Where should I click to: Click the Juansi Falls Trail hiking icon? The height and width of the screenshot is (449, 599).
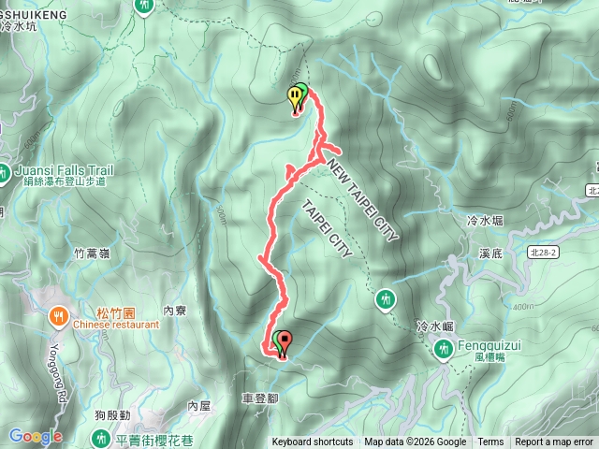click(7, 172)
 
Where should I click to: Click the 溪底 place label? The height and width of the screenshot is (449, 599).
click(491, 253)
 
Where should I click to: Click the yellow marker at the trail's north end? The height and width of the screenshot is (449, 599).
click(296, 94)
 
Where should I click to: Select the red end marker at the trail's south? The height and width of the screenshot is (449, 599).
click(282, 343)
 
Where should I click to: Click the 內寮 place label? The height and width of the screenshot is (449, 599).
click(176, 310)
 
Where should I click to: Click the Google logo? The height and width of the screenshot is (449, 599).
click(35, 436)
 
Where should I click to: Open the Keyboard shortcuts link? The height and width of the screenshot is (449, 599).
click(313, 442)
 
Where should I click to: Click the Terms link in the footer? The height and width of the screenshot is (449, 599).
click(490, 442)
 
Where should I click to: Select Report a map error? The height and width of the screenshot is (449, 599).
click(554, 442)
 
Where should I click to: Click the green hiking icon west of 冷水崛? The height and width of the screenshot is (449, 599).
click(386, 299)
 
